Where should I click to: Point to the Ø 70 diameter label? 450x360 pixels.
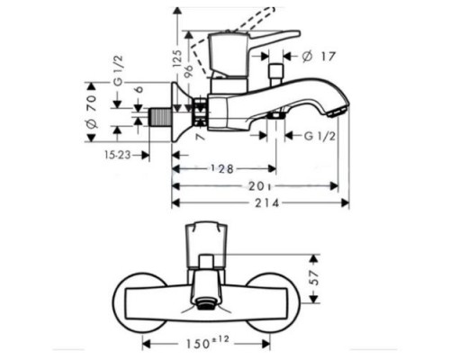pyautogui.click(x=91, y=109)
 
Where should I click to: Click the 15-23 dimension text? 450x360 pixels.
pyautogui.click(x=119, y=155)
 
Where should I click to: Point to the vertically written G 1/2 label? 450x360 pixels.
pyautogui.click(x=117, y=90)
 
